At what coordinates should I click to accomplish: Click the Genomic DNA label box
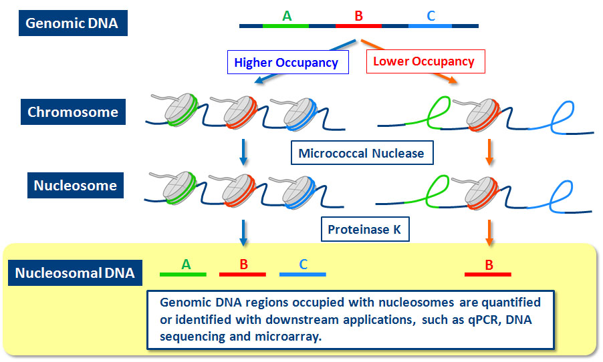click(72, 23)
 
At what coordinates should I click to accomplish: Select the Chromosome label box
click(72, 112)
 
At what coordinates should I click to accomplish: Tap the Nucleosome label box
click(75, 185)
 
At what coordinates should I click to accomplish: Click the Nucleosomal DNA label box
click(74, 273)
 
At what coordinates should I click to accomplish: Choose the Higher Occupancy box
click(285, 63)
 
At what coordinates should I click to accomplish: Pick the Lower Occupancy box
click(423, 61)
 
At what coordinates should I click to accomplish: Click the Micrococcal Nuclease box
click(361, 153)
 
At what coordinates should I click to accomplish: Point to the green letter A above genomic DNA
click(287, 15)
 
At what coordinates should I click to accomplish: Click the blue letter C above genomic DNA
click(431, 15)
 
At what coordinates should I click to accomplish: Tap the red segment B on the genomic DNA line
click(358, 26)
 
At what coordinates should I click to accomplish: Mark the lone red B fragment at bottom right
click(488, 275)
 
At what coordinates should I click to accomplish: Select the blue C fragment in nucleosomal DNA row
click(303, 275)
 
